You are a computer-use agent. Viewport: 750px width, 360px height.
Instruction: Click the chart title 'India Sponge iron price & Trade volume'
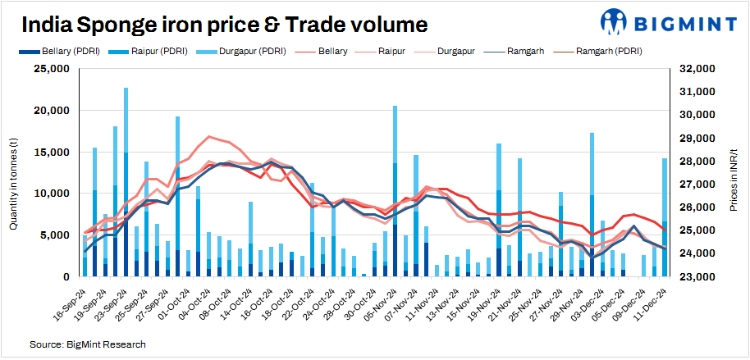pos(224,25)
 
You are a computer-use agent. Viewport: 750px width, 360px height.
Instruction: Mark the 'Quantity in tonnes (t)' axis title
pos(14,173)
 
